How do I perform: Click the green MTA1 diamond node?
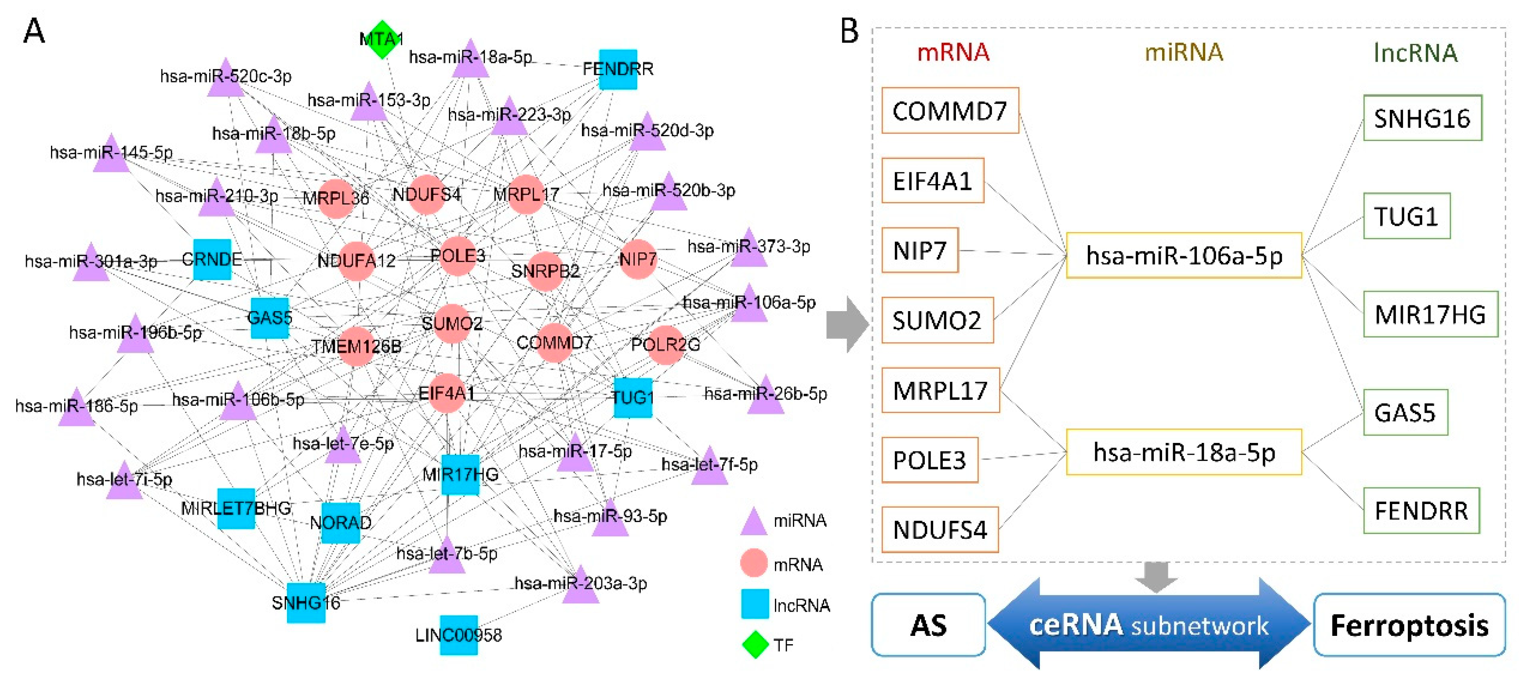pos(382,40)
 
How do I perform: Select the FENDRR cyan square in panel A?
pos(618,69)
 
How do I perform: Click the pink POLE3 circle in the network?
pos(458,256)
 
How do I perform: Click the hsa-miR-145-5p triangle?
pos(112,155)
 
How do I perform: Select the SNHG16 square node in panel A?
pos(305,602)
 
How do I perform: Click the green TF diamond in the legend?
pos(755,645)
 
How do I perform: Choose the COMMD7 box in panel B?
pos(949,111)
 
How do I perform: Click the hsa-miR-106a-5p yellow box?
pos(1184,255)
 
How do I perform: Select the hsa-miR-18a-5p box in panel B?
pos(1184,452)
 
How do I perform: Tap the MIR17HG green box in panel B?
pos(1429,314)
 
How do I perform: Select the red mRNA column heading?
pos(953,52)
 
